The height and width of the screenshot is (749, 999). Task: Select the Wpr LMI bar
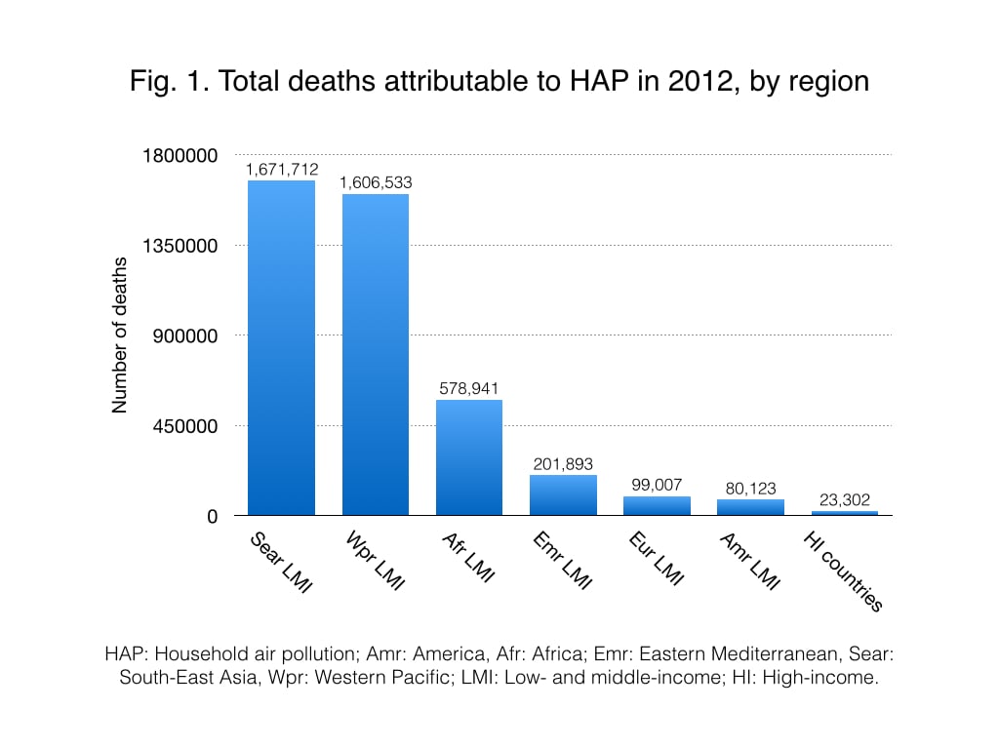click(x=376, y=355)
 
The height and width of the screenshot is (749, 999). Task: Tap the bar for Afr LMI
click(x=469, y=457)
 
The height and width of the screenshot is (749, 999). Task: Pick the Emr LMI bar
click(x=563, y=494)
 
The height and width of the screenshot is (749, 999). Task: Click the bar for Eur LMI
click(x=657, y=505)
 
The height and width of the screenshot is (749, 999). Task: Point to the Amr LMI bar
click(x=750, y=507)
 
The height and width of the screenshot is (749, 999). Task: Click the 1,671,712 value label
click(x=282, y=170)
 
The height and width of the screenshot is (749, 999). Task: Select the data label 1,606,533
click(x=376, y=182)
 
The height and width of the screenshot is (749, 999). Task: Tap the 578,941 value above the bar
click(x=469, y=388)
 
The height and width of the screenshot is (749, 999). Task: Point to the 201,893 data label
click(x=563, y=463)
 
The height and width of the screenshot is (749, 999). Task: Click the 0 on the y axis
click(x=212, y=517)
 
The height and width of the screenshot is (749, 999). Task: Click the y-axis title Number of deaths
click(x=120, y=335)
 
